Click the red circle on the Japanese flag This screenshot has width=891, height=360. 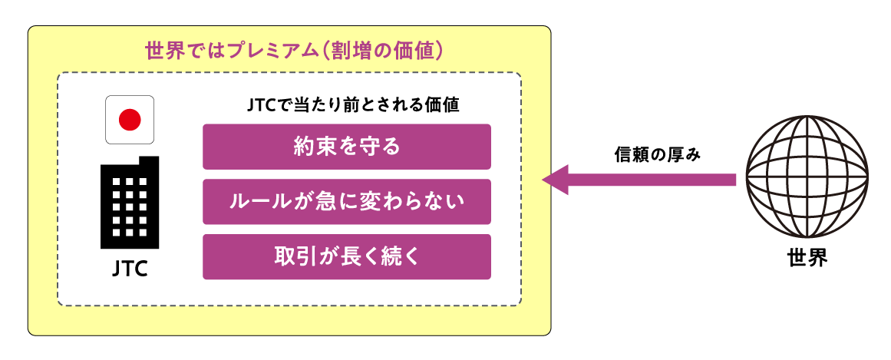tap(130, 119)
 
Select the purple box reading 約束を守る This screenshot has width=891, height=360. tap(346, 147)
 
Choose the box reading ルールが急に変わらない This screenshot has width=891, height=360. tap(346, 202)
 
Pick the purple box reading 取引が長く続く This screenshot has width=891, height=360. tap(346, 257)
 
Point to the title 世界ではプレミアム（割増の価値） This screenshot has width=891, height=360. tap(295, 51)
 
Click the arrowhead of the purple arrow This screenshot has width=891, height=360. tap(555, 180)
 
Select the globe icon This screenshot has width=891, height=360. tap(807, 179)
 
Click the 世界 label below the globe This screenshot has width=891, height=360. tap(807, 257)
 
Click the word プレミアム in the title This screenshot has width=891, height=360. tap(257, 51)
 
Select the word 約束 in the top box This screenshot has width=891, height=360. tap(308, 147)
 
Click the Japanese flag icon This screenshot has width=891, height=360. tap(130, 119)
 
